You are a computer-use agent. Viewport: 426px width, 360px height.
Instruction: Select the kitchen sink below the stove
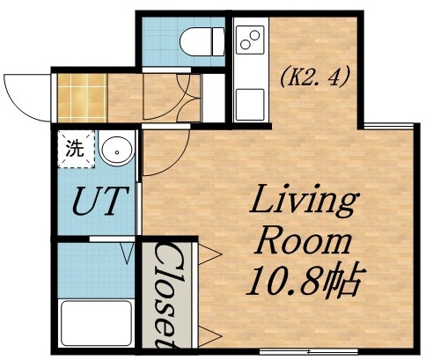pyautogui.click(x=251, y=101)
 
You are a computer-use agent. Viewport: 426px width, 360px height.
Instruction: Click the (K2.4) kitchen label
pyautogui.click(x=314, y=77)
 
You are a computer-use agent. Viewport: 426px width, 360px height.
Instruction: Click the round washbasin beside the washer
pyautogui.click(x=115, y=151)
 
